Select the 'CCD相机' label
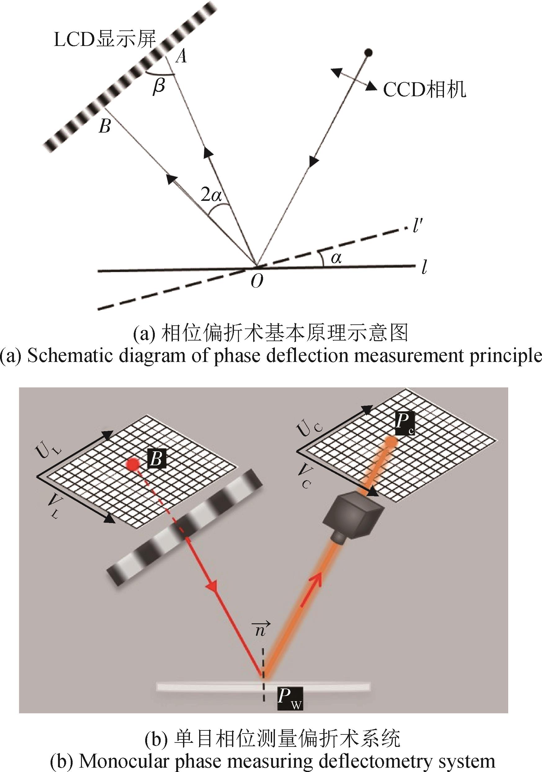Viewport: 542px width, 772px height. [x=425, y=90]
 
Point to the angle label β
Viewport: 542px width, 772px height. [x=159, y=86]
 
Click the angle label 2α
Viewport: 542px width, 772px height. [x=211, y=194]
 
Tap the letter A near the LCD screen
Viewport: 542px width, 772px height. [x=181, y=56]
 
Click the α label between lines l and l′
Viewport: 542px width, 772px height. [x=336, y=258]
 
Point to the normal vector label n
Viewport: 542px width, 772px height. [x=261, y=630]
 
